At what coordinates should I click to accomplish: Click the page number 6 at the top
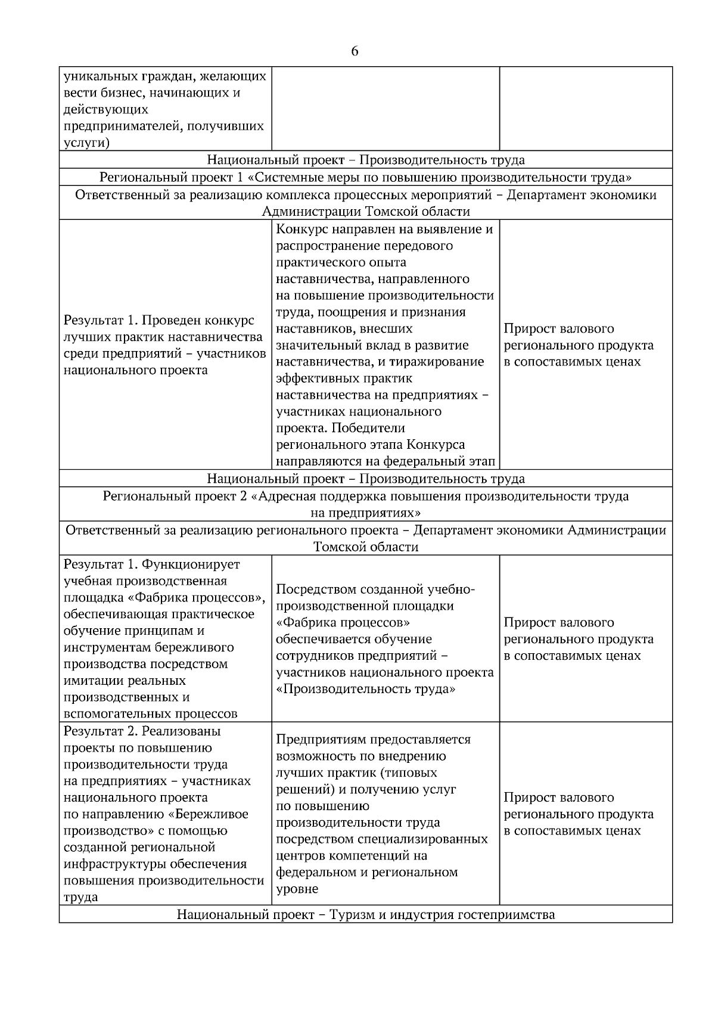(355, 51)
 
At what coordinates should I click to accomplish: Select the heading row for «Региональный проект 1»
(365, 178)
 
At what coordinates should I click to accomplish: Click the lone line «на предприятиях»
(365, 513)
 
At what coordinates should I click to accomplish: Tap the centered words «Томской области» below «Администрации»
(365, 547)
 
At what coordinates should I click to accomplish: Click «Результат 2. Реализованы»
(142, 731)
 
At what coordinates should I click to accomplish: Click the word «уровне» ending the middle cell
(297, 889)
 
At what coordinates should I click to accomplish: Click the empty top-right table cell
(585, 108)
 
